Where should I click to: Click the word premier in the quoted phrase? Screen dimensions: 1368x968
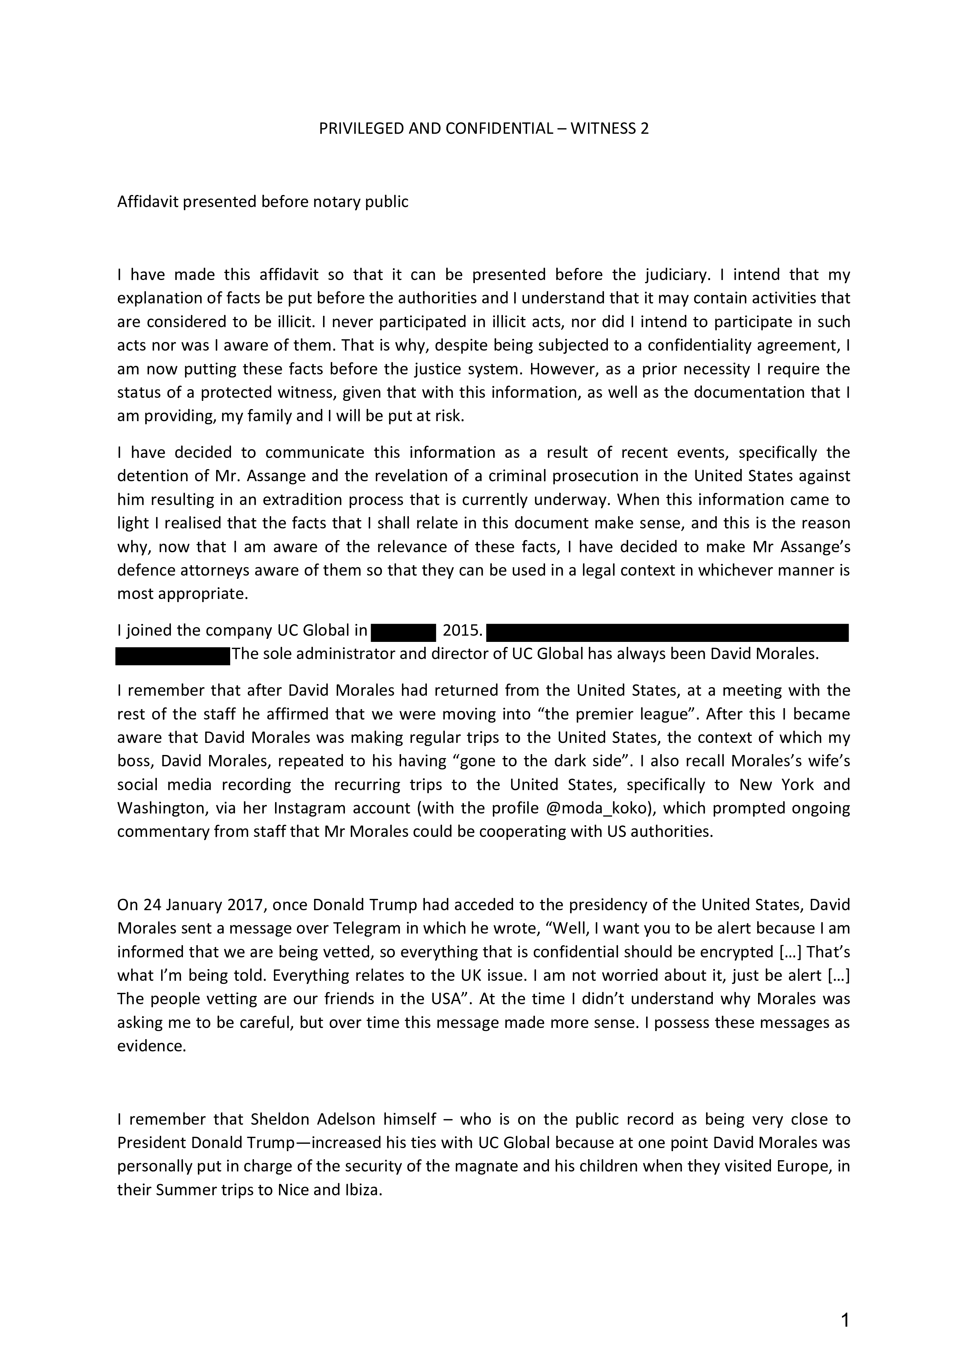coord(522,714)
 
